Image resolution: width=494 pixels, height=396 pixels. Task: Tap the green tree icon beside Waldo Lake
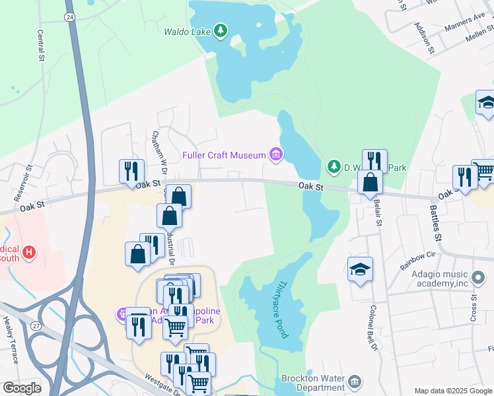[221, 30]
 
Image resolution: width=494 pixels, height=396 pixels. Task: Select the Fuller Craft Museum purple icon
[275, 155]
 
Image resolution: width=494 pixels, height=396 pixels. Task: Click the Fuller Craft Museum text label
[223, 156]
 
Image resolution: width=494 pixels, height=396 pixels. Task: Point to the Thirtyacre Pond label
[281, 309]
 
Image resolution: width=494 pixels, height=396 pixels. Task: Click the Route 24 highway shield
[69, 16]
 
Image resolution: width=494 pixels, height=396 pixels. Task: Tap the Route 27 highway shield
[35, 325]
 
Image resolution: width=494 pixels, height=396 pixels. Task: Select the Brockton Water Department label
[313, 383]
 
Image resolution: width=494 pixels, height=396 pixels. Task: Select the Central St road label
[41, 43]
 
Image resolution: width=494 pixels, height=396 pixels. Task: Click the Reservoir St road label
[23, 183]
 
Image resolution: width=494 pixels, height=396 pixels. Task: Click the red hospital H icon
[28, 252]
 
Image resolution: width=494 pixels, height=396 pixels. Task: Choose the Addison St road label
[423, 36]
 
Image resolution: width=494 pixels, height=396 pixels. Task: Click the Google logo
[22, 387]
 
